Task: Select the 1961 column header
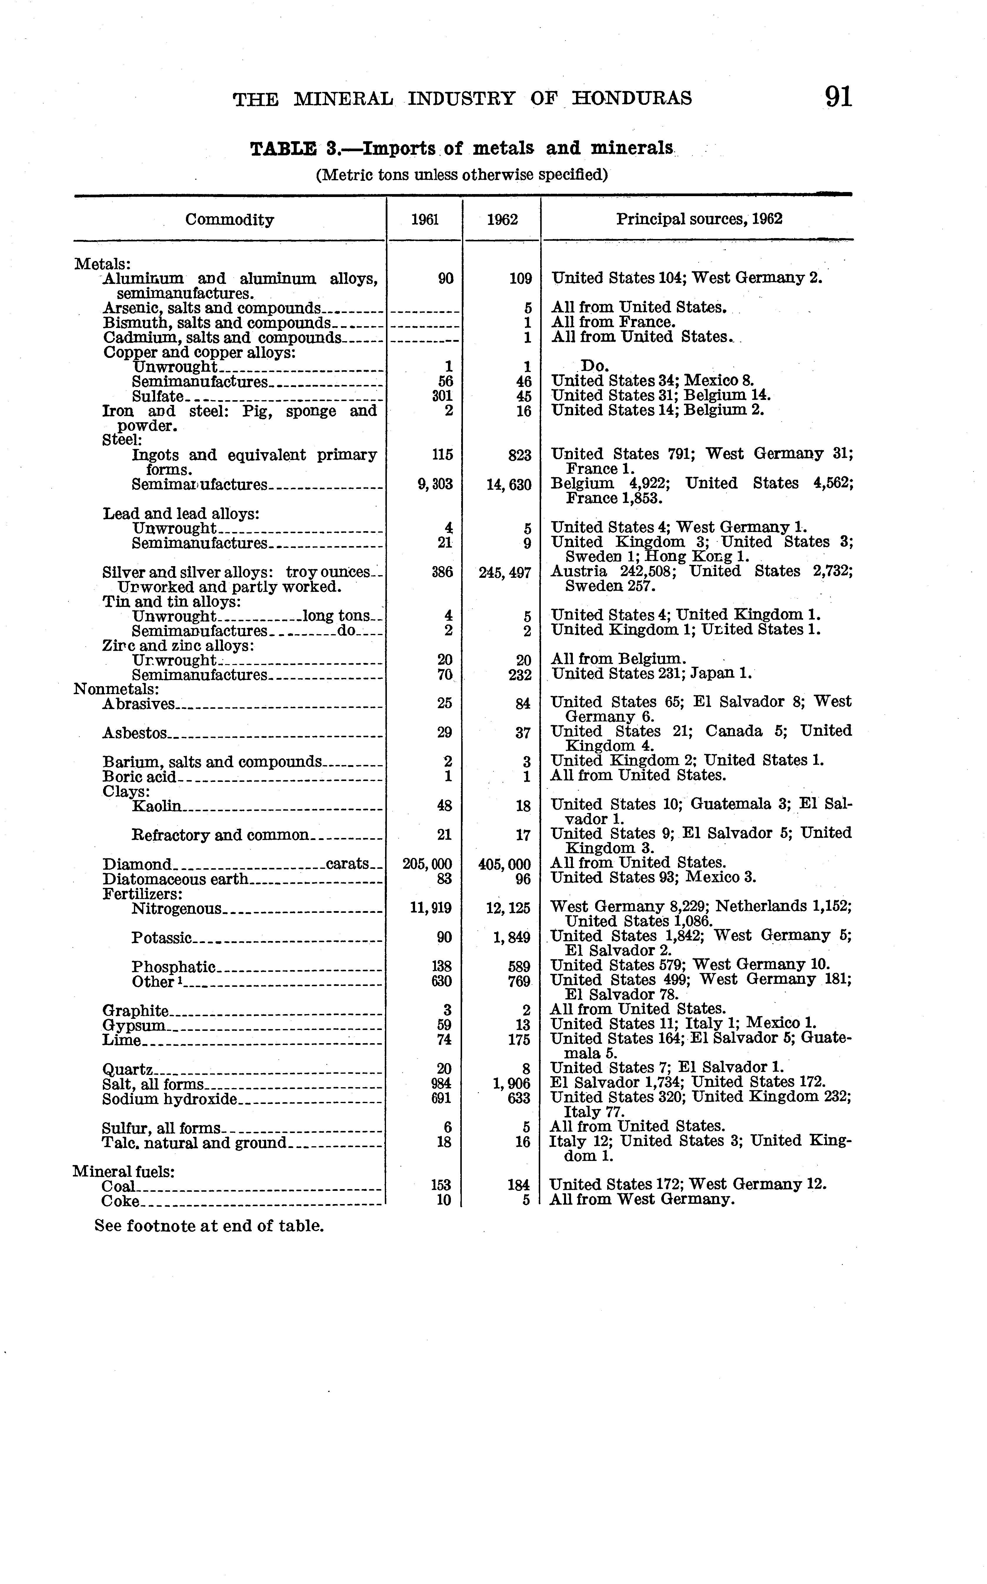coord(425,220)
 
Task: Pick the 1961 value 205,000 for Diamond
coord(427,864)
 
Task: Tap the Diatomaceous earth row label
coord(176,879)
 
